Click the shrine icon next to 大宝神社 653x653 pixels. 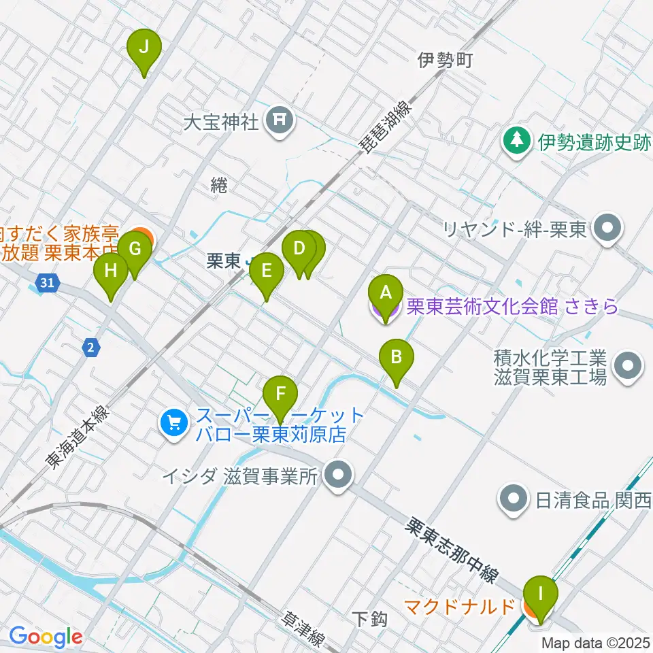click(280, 122)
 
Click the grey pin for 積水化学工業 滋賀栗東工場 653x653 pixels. click(626, 367)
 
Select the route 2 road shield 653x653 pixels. click(93, 348)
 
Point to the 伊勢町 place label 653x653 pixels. click(444, 61)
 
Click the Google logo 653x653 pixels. click(46, 637)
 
